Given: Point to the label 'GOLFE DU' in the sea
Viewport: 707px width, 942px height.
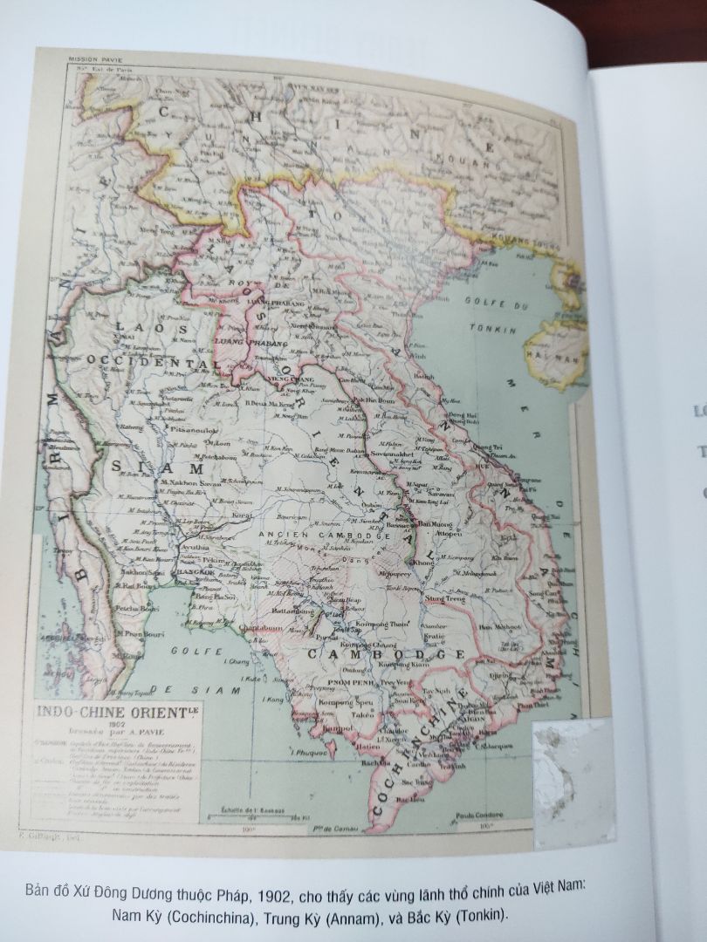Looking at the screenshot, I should (x=516, y=303).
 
